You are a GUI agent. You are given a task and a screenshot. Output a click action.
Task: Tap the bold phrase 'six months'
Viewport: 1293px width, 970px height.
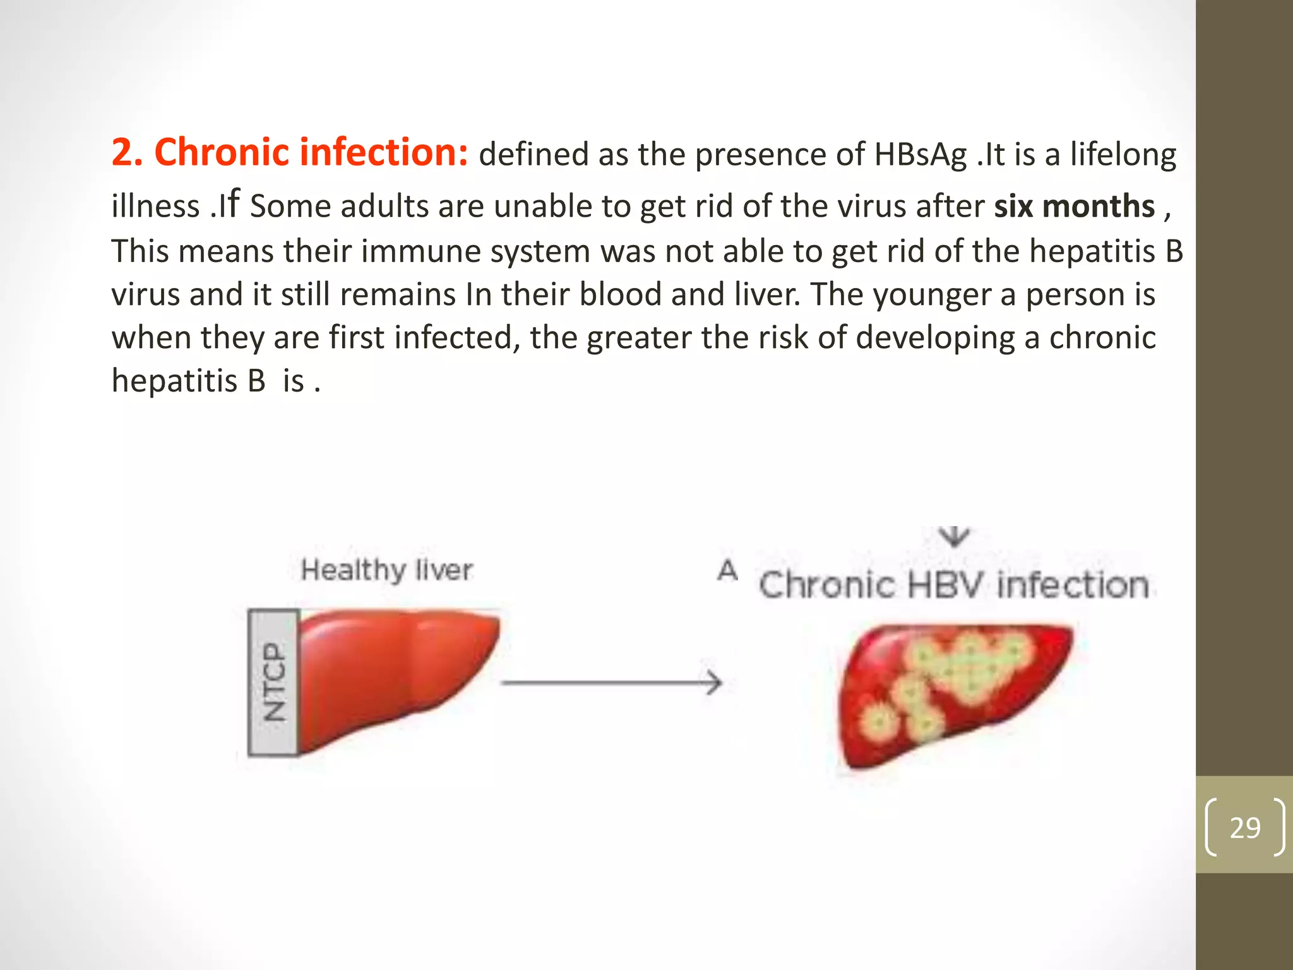click(1074, 207)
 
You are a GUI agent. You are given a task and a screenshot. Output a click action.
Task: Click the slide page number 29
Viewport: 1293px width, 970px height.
click(1244, 827)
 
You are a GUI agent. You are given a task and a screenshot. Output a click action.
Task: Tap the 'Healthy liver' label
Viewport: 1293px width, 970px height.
click(386, 570)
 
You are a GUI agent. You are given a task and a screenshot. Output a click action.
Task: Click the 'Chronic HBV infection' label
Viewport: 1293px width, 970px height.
click(953, 585)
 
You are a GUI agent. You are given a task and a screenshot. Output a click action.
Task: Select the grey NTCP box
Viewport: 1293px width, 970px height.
click(273, 682)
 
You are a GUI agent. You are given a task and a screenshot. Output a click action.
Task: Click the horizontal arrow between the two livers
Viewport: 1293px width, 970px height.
click(611, 683)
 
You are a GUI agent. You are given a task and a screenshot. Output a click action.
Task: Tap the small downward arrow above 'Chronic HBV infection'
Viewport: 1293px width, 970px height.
click(955, 537)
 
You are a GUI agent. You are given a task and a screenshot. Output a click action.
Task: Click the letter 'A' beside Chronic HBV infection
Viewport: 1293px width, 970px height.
click(727, 570)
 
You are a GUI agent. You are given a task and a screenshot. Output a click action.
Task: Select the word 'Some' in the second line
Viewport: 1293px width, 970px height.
click(290, 207)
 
